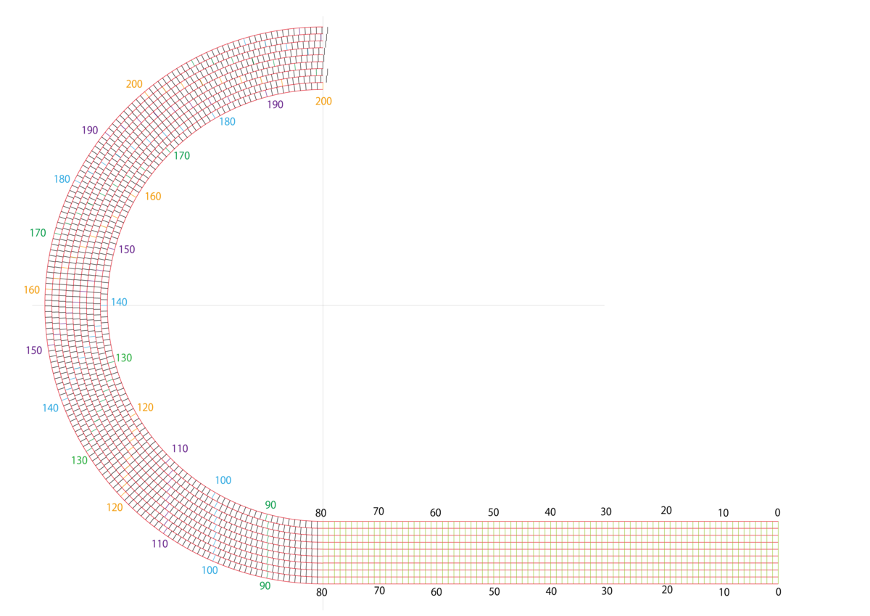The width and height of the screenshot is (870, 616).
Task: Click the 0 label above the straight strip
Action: (777, 512)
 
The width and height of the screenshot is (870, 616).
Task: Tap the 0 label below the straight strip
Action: (778, 592)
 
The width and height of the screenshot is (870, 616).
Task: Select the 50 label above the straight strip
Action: (493, 512)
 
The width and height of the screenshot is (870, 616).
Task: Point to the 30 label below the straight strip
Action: (607, 591)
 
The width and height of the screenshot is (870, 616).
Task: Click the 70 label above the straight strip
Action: (378, 512)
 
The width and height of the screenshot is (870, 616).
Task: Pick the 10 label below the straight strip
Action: (724, 592)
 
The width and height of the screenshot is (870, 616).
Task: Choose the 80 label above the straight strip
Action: (320, 513)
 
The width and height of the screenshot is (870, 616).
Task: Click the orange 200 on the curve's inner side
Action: (323, 102)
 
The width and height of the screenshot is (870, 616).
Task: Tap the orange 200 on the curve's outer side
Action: (134, 84)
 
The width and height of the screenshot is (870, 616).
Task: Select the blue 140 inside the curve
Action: (119, 303)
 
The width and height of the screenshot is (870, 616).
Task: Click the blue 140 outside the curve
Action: (51, 408)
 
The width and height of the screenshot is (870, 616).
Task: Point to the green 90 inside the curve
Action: (270, 505)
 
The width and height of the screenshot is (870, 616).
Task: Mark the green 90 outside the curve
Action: (265, 586)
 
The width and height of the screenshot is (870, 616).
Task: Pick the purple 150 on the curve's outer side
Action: (34, 350)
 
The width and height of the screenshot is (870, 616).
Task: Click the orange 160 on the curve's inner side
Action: (153, 197)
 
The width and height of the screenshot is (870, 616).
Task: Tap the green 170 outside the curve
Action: (38, 233)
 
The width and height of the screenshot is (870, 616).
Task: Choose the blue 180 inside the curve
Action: (227, 122)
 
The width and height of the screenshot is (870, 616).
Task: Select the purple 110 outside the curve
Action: (159, 543)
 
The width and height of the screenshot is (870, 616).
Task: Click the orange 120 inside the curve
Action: (145, 407)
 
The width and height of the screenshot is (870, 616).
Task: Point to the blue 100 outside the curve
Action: (210, 570)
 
